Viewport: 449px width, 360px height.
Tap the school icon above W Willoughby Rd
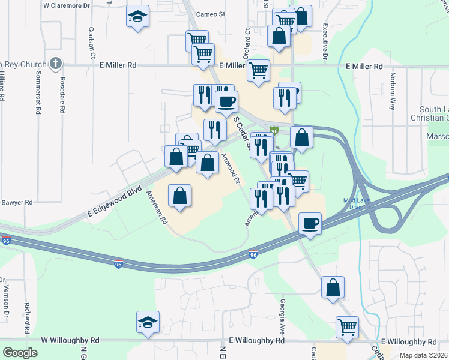148,322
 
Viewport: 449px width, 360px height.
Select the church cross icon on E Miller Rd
55,63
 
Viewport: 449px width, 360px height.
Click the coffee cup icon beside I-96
310,224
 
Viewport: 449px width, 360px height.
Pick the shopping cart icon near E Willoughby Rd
347,328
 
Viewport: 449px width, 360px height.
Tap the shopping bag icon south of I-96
333,287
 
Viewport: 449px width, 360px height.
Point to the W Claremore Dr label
65,5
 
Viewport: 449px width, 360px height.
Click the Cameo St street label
212,14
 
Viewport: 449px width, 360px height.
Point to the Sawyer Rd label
16,203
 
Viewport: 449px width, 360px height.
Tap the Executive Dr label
324,41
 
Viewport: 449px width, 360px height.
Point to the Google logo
20,352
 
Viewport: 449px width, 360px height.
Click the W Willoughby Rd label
70,340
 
